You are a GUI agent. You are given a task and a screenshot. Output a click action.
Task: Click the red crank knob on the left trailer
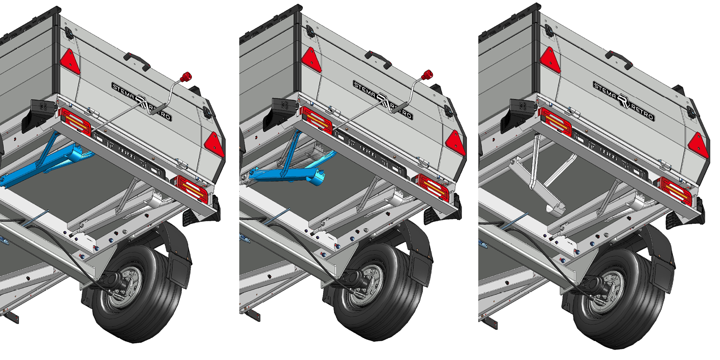pos(186,77)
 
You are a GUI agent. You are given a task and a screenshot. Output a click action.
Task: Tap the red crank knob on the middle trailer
pos(427,75)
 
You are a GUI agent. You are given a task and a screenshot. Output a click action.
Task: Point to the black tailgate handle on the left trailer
pos(138,61)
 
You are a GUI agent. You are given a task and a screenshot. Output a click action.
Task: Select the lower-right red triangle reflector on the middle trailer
pos(456,143)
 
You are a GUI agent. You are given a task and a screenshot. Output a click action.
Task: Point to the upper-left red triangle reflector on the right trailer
pos(550,61)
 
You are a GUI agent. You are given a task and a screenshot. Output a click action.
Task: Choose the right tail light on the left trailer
pos(192,189)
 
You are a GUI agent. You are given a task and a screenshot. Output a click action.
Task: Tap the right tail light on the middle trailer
pos(433,188)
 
